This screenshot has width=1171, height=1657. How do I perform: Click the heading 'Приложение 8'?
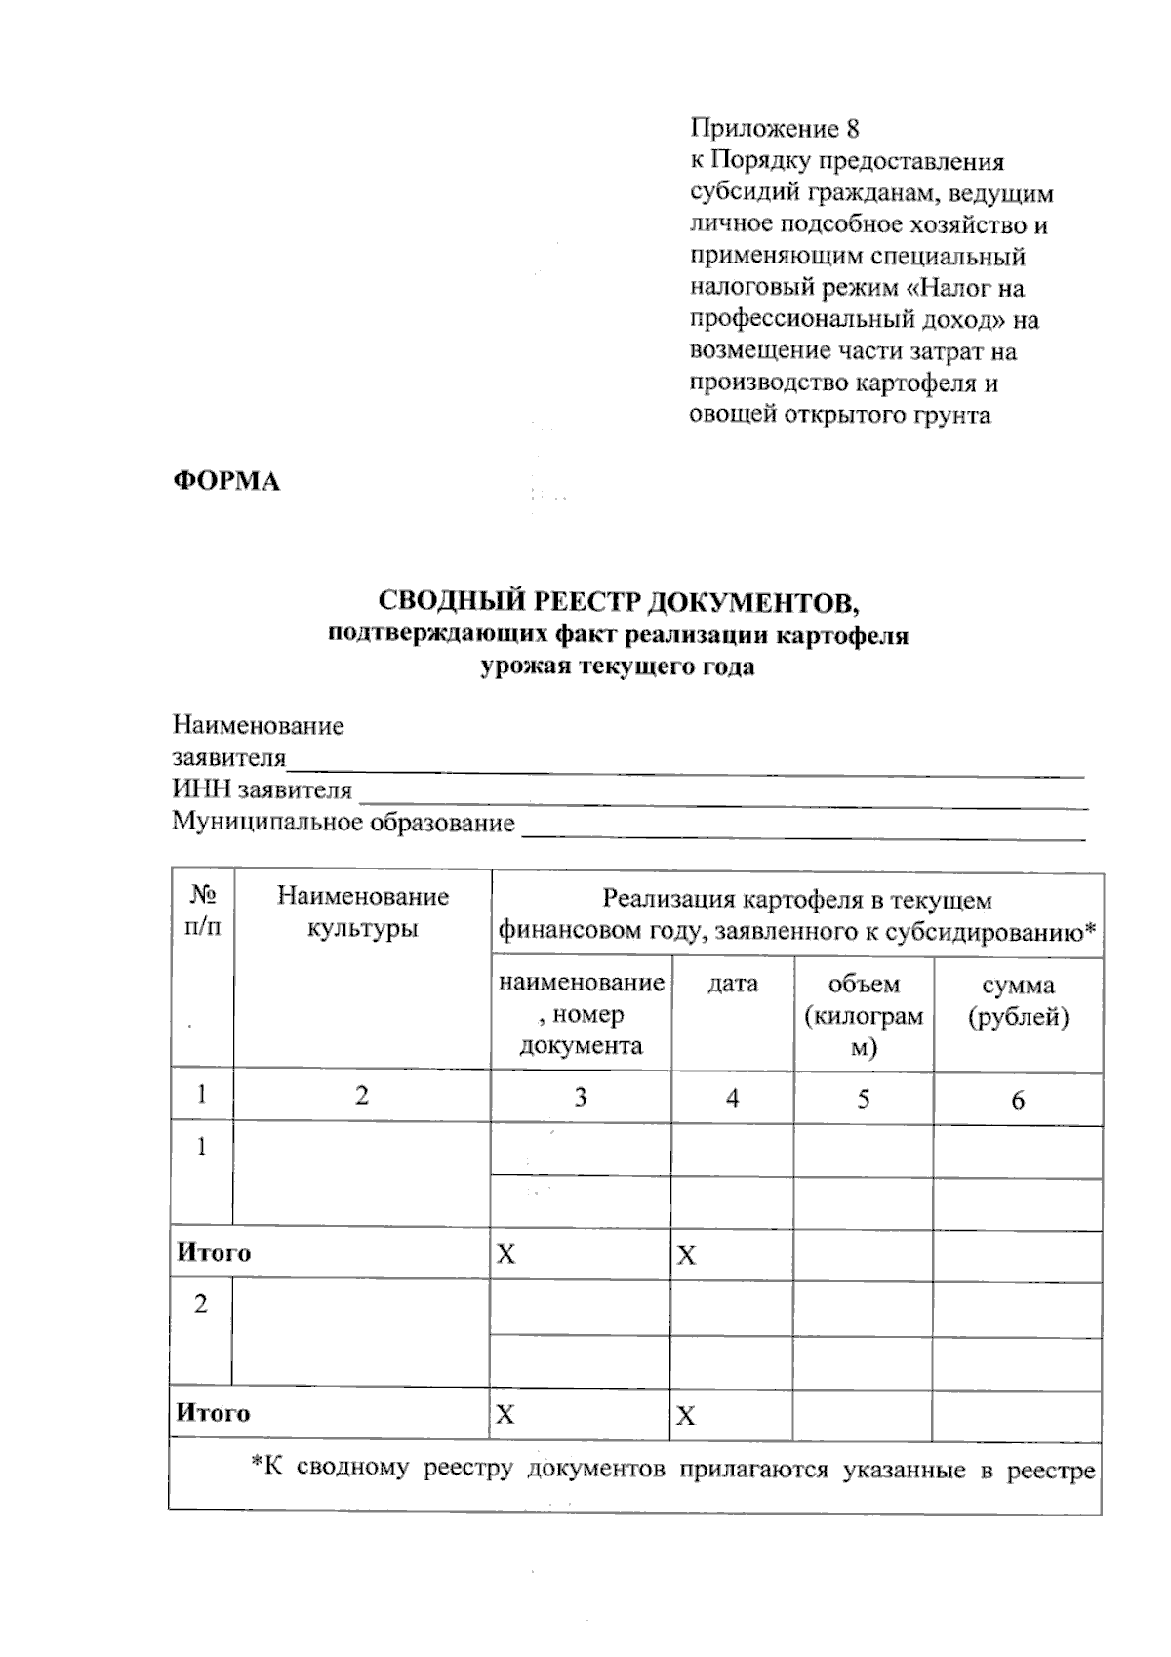pyautogui.click(x=774, y=129)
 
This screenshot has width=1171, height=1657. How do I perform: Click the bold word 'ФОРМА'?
pyautogui.click(x=226, y=482)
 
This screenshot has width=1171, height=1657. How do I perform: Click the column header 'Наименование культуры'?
pyautogui.click(x=362, y=911)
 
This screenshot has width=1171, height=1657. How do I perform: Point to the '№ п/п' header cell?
pyautogui.click(x=203, y=911)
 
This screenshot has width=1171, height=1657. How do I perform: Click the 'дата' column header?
pyautogui.click(x=732, y=984)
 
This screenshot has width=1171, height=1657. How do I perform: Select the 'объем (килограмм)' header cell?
pyautogui.click(x=864, y=1016)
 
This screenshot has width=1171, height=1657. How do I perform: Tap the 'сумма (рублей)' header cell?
pyautogui.click(x=1018, y=1001)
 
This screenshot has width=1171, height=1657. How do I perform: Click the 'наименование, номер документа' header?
pyautogui.click(x=581, y=1014)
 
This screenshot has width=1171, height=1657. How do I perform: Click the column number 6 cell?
pyautogui.click(x=1018, y=1101)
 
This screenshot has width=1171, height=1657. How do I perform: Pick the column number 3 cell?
pyautogui.click(x=580, y=1098)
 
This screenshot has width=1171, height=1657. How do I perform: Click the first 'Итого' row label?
pyautogui.click(x=214, y=1253)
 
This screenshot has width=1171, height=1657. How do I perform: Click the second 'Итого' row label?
pyautogui.click(x=214, y=1413)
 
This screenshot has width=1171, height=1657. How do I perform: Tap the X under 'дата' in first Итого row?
pyautogui.click(x=686, y=1256)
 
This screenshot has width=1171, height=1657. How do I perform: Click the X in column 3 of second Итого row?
pyautogui.click(x=505, y=1415)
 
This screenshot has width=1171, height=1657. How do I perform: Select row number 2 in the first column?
pyautogui.click(x=201, y=1305)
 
